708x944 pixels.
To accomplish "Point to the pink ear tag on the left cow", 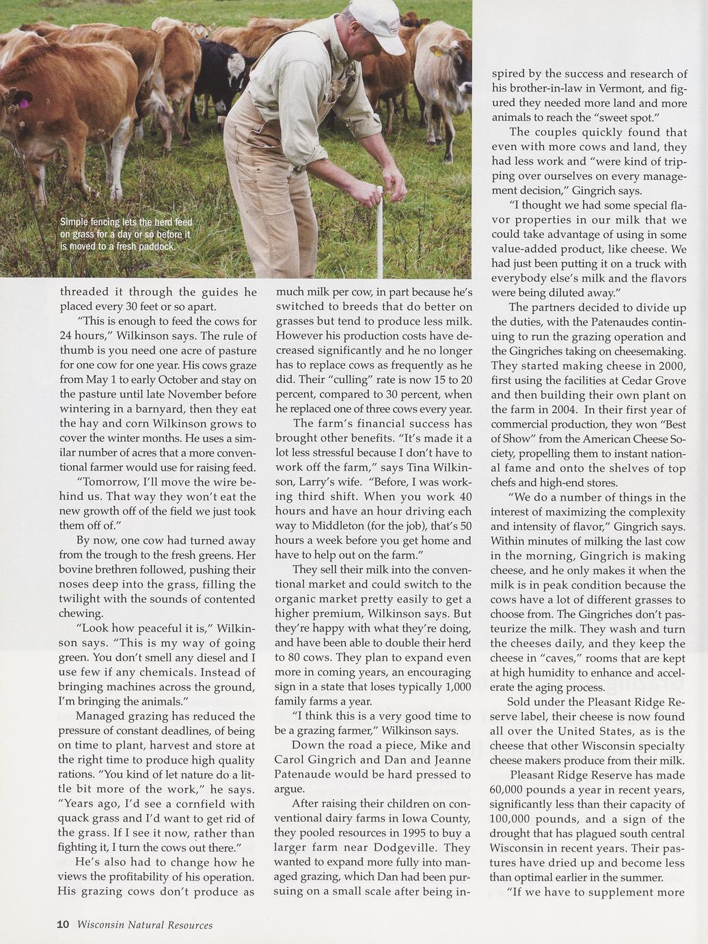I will [x=24, y=103].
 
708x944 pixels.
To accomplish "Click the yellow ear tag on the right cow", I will [x=437, y=50].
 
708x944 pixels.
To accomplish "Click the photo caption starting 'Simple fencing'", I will [x=126, y=234].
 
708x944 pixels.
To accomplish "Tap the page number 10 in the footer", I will [x=63, y=925].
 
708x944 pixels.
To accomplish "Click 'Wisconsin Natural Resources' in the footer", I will [x=144, y=926].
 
